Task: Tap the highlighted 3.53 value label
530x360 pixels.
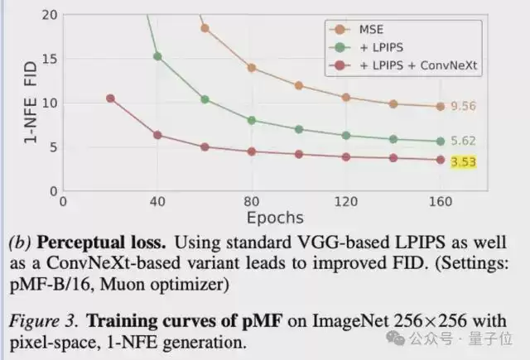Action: (464, 162)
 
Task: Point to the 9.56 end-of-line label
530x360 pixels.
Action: (464, 106)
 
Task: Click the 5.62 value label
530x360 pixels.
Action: (464, 141)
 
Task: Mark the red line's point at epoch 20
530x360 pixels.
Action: (110, 98)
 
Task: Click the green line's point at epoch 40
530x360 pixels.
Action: (157, 56)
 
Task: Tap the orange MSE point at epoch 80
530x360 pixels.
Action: (252, 68)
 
